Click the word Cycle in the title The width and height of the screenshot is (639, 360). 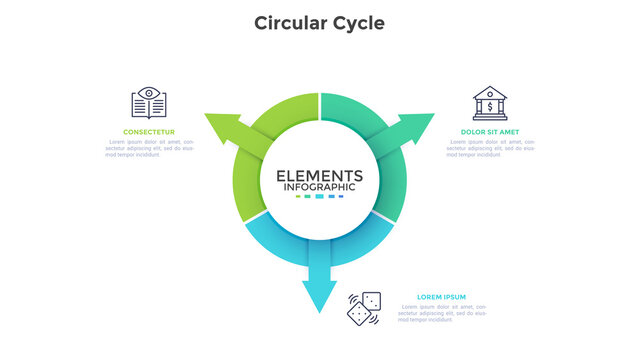(358, 22)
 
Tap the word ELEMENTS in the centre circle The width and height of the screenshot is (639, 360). (319, 175)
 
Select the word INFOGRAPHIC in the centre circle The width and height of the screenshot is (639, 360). (319, 187)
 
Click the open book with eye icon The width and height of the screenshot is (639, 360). (149, 102)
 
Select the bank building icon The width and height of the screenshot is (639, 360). (490, 102)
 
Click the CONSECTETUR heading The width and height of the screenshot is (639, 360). (149, 132)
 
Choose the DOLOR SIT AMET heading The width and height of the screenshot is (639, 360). (490, 132)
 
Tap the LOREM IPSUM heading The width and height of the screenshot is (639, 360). (441, 297)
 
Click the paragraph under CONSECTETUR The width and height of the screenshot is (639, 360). (149, 149)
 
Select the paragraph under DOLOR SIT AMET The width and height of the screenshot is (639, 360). (490, 149)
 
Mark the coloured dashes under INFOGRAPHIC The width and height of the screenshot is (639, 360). (319, 197)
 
